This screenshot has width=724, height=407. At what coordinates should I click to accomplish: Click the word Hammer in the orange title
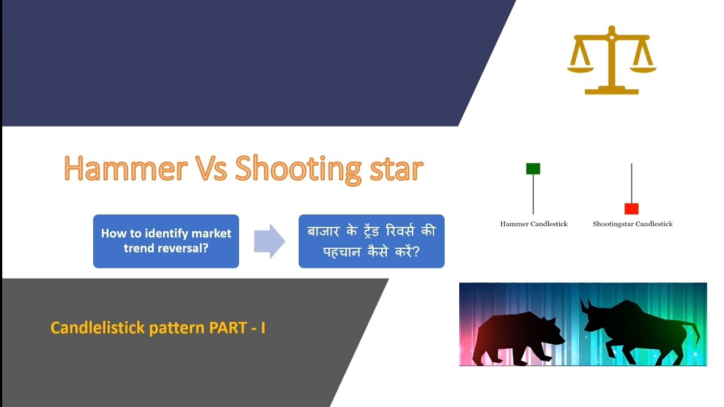click(126, 168)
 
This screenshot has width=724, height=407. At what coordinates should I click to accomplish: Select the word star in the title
click(395, 168)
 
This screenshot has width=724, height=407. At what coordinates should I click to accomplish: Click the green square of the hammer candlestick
click(533, 168)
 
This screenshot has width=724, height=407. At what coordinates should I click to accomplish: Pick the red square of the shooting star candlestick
click(631, 209)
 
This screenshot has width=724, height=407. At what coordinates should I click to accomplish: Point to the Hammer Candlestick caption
click(533, 224)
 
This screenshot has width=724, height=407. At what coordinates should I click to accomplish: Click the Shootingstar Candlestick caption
click(632, 224)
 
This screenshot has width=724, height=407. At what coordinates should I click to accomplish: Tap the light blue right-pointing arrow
click(269, 241)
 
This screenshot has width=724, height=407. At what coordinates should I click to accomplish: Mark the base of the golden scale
click(611, 90)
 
